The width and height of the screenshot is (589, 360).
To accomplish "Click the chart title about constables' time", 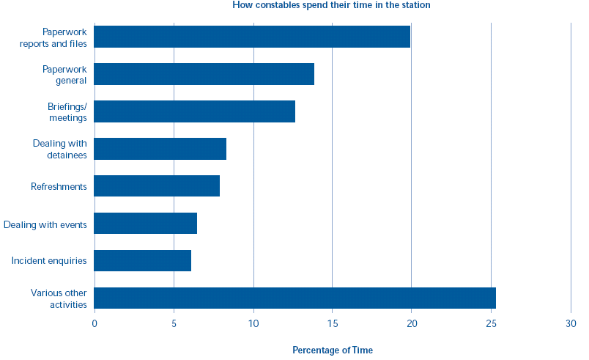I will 331,5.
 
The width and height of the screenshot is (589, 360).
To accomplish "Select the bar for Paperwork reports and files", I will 252,37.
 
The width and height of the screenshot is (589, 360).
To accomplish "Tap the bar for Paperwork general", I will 204,74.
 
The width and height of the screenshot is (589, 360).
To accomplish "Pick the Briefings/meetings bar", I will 194,111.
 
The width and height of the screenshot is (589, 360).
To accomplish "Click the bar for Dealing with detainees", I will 160,149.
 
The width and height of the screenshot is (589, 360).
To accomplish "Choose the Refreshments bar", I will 157,186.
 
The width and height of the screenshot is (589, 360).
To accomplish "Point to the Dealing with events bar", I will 145,224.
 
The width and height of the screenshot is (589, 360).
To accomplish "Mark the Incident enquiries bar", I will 142,261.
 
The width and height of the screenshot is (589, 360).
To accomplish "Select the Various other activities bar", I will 294,298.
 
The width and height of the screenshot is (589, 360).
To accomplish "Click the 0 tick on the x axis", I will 95,323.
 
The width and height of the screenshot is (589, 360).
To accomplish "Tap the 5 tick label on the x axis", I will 174,323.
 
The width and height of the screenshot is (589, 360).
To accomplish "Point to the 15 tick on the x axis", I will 333,323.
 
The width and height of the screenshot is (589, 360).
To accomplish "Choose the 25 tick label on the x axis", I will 491,323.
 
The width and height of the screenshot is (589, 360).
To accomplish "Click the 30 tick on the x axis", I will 571,323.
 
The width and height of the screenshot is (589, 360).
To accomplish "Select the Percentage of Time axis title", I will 333,350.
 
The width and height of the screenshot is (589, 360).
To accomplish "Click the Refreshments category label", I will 59,187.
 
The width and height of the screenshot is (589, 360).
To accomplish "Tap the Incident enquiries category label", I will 49,261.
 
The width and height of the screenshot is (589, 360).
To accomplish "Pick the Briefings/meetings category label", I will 67,111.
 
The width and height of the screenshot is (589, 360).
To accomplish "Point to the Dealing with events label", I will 45,224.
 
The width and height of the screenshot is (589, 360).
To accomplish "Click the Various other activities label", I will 59,298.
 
